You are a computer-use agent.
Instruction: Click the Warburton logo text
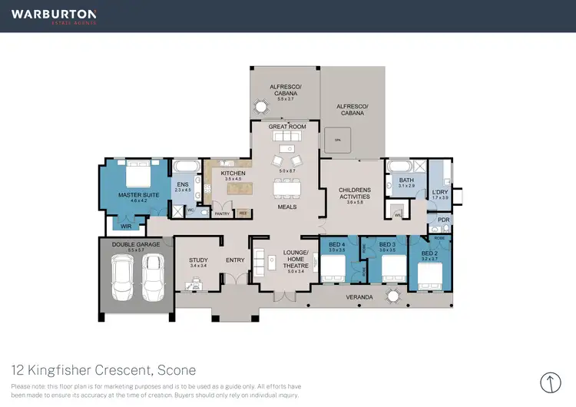coord(54,15)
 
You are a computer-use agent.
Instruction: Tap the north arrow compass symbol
coord(551,382)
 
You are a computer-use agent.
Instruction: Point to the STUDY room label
coord(198,260)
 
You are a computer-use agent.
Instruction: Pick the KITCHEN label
coord(233,174)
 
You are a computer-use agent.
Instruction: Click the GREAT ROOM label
coord(287,127)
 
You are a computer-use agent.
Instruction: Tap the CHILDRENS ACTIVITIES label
coord(355,193)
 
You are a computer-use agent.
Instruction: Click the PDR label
coord(443,220)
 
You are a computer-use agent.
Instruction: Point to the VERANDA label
coord(359,296)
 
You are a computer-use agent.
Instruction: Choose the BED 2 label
coord(429,254)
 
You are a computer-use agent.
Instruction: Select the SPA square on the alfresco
coord(337,139)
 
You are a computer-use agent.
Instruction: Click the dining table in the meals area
coord(287,187)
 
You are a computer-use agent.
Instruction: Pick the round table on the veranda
coord(394,295)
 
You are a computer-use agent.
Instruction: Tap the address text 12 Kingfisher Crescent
coord(104,369)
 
